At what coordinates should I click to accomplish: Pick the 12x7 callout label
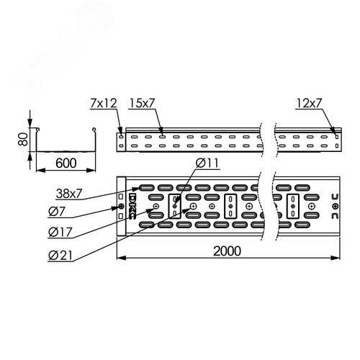coord(308,104)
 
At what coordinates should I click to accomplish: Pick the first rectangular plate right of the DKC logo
coord(174,206)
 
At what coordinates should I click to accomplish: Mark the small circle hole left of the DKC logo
coord(121,207)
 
